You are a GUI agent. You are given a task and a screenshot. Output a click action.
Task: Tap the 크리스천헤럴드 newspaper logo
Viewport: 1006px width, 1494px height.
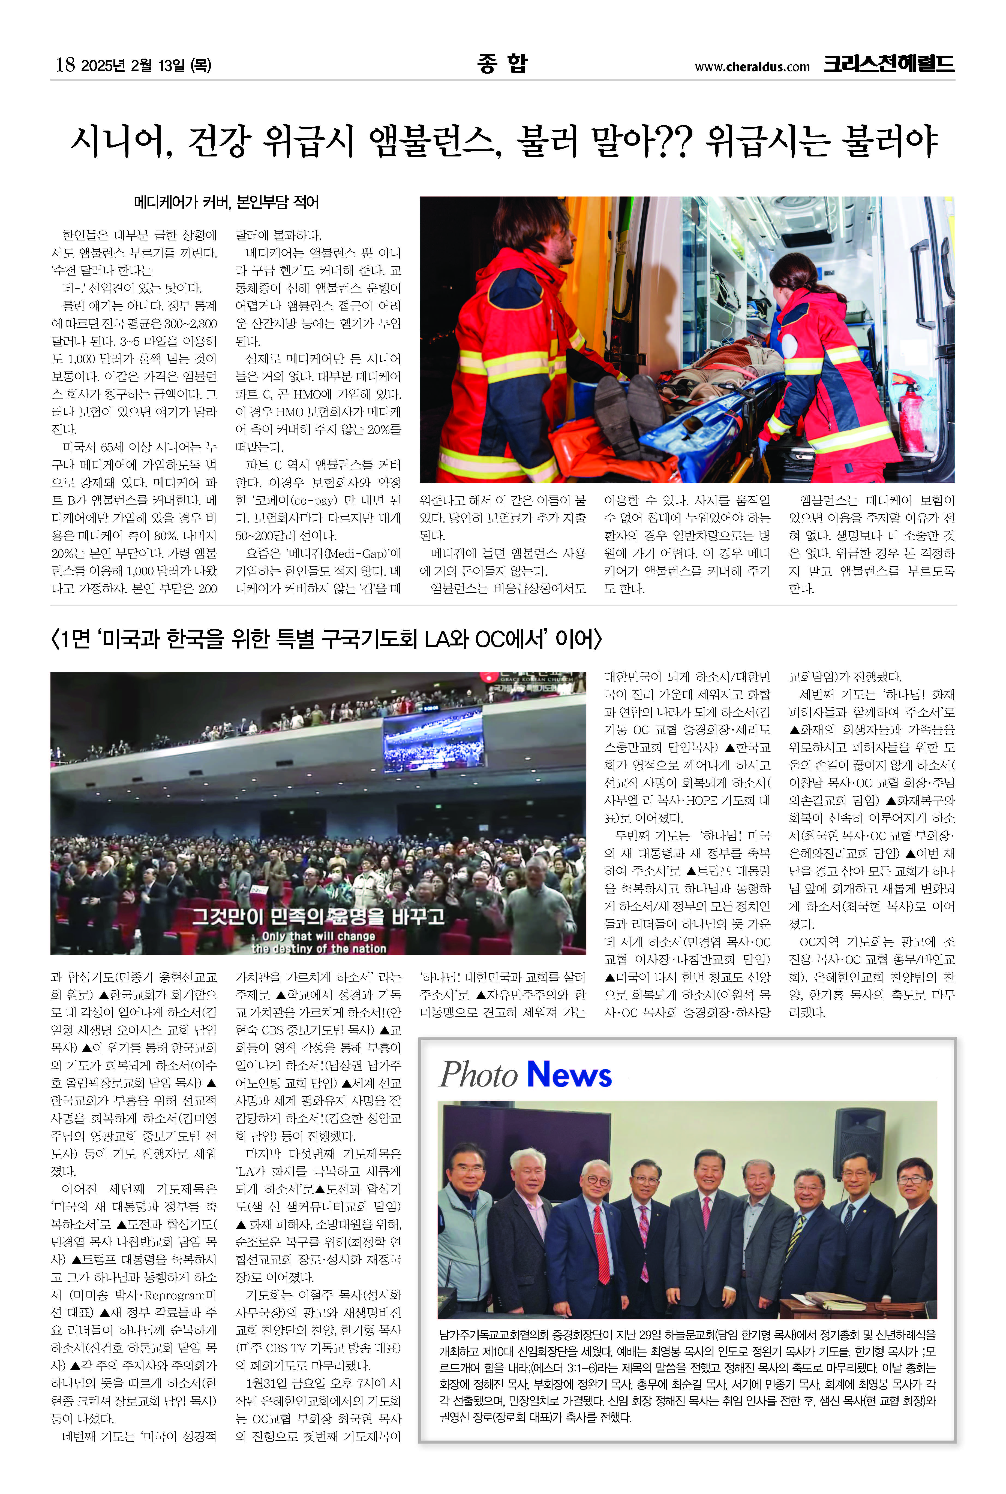pyautogui.click(x=889, y=64)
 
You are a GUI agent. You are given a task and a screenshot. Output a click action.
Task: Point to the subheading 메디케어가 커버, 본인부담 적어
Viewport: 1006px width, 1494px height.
pyautogui.click(x=226, y=203)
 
